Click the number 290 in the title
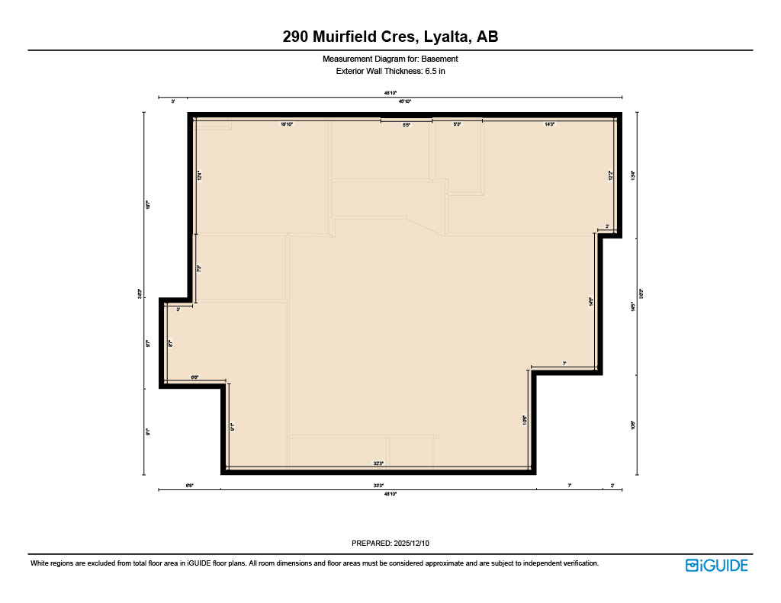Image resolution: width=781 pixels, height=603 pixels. click(297, 37)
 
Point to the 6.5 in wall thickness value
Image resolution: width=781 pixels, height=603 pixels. click(434, 71)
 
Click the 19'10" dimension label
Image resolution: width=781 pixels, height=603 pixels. click(287, 123)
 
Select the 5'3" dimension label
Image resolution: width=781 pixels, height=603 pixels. click(457, 123)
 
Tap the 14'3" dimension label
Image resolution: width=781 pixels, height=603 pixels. click(549, 123)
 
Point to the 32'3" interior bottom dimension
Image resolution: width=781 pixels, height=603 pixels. click(378, 463)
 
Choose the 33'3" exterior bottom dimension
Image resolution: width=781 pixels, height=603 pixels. click(378, 485)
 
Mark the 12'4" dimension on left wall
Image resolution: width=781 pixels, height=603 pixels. click(199, 175)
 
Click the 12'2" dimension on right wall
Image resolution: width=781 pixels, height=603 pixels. click(610, 175)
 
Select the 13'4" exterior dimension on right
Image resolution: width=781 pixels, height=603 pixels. click(632, 174)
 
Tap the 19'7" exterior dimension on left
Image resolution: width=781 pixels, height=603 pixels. click(148, 204)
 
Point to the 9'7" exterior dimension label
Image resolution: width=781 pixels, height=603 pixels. click(148, 343)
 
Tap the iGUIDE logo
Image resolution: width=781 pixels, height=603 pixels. click(716, 565)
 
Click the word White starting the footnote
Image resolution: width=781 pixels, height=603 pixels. click(40, 563)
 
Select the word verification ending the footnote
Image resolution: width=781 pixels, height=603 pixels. click(580, 563)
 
